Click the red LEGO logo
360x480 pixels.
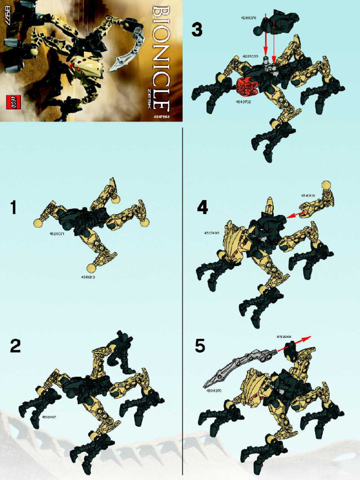pos(14,102)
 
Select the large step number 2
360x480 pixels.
pos(15,346)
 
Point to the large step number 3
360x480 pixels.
pos(197,30)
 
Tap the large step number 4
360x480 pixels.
pos(202,208)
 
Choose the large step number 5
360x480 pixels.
pos(200,346)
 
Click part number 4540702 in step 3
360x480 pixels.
pos(243,102)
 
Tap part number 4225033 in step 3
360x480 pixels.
pos(251,56)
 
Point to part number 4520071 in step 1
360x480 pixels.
pos(56,232)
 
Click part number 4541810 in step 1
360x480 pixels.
pos(89,277)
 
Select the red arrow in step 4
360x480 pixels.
pos(295,215)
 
